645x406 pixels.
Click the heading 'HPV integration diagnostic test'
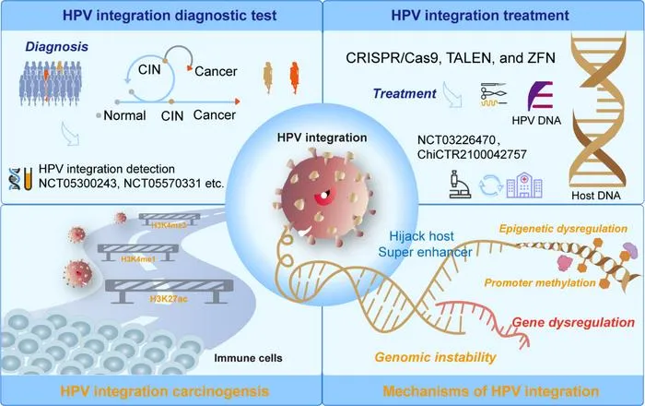click(170, 16)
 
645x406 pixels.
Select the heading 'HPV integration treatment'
click(480, 16)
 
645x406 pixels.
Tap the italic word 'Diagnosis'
click(57, 46)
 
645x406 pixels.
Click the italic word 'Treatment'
click(405, 93)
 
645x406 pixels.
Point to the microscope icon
click(460, 184)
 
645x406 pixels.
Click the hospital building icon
click(524, 185)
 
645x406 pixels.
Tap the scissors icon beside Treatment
click(493, 94)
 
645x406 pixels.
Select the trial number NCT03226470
click(456, 140)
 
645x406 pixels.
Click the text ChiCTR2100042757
click(472, 154)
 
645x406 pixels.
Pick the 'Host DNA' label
click(595, 196)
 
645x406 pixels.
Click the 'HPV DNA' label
click(536, 120)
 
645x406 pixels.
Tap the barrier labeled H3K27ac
click(169, 291)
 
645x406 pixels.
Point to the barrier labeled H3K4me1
click(138, 253)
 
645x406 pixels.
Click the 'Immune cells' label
click(248, 358)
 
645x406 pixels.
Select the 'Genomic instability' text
click(436, 357)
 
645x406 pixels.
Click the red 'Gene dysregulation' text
click(573, 322)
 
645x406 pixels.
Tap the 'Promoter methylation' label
click(540, 282)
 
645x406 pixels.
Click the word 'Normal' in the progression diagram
click(124, 115)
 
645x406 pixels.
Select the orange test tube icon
click(28, 179)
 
